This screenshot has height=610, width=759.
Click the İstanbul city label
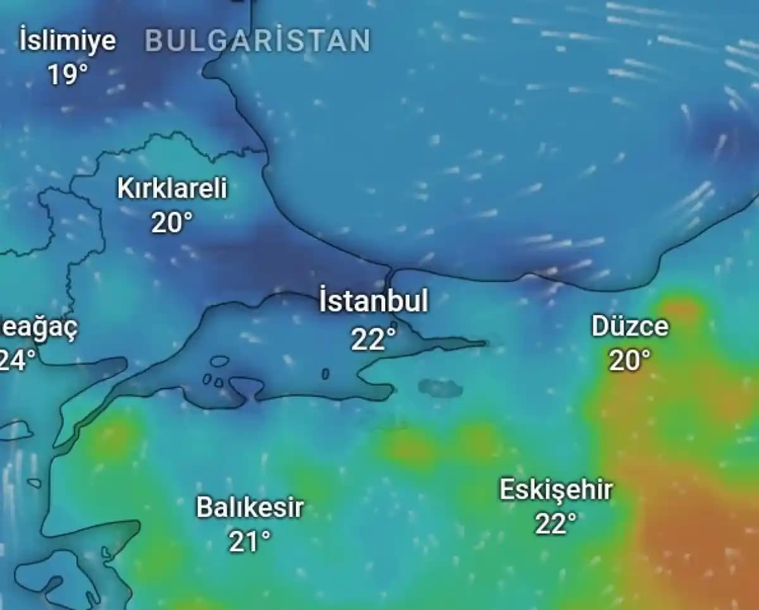373,301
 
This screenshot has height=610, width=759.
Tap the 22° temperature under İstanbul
373,339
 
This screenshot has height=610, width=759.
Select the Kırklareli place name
171,189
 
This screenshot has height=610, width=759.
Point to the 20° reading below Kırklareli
171,222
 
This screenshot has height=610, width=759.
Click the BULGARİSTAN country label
257,41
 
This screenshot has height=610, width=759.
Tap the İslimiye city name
67,40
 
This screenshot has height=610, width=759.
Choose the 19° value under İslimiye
67,75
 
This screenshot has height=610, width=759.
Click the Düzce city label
629,327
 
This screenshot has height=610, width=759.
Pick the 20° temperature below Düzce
629,361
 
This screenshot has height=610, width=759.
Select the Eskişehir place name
556,490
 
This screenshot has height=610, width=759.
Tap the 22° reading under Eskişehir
556,524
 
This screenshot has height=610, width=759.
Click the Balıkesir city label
250,507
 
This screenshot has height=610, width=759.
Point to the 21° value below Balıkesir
250,542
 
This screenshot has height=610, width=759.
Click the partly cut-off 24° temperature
16,361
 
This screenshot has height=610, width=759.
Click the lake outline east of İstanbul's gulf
440,388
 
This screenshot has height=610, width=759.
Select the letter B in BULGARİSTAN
154,41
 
